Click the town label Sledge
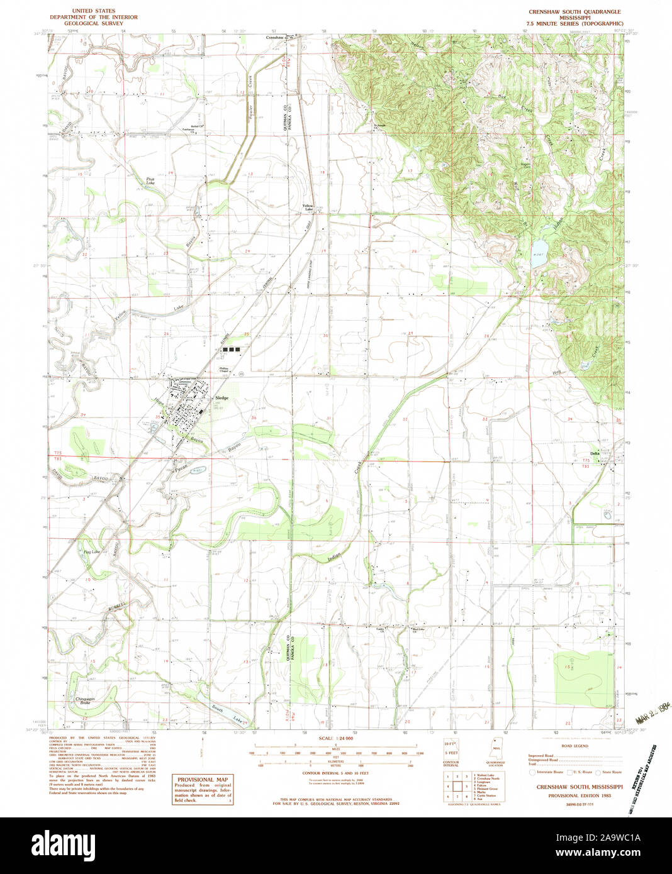pos(221,398)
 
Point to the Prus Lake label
pos(149,180)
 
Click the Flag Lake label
pos(92,551)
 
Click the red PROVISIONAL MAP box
pos(202,789)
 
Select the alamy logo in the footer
pos(63,844)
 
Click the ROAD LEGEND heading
pos(574,746)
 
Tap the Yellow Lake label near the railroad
pos(308,207)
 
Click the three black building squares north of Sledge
pos(231,348)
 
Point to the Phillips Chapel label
pos(223,370)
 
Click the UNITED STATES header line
pos(93,11)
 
